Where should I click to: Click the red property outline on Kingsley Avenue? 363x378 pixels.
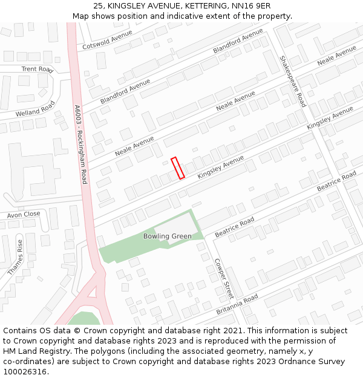tap(178, 168)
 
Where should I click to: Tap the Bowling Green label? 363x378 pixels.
tap(168, 236)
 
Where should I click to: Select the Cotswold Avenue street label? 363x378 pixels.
tap(107, 40)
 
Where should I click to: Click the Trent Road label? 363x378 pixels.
tap(38, 70)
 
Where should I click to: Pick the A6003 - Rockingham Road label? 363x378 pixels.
tap(80, 145)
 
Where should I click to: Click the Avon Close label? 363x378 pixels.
tap(24, 214)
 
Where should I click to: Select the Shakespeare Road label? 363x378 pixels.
tap(293, 82)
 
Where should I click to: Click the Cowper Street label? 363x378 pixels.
tap(223, 279)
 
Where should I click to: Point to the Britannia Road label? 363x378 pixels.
tap(237, 304)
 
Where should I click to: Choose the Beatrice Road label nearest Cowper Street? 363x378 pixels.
tap(235, 228)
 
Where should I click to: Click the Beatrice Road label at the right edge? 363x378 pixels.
tap(336, 181)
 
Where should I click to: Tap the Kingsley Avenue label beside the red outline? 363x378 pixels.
tap(221, 166)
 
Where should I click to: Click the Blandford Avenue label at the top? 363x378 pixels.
tap(238, 41)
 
